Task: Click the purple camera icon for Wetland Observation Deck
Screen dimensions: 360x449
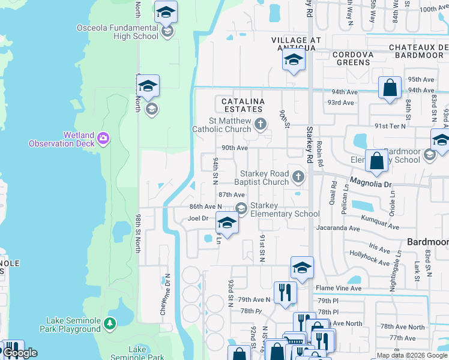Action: [x=104, y=139]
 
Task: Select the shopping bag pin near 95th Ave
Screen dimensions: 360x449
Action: [x=390, y=88]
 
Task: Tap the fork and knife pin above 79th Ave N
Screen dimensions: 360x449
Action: [x=285, y=292]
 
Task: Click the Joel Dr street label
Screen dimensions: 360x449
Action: [x=197, y=218]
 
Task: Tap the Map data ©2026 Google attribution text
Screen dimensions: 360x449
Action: [x=412, y=355]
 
